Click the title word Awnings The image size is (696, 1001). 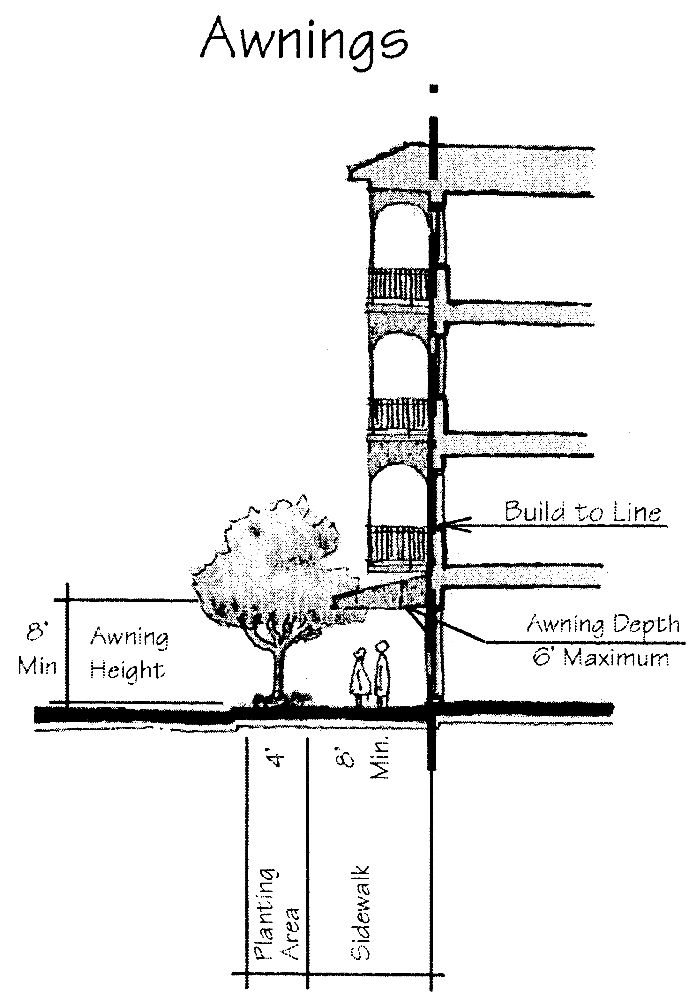click(304, 42)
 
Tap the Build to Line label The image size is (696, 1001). click(582, 512)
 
